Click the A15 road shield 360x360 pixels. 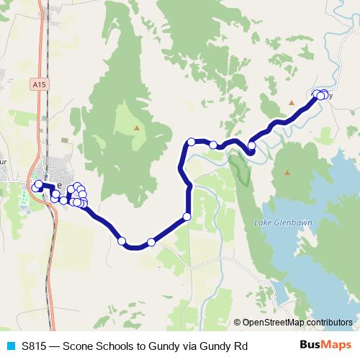[x=40, y=85]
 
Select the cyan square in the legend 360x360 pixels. [x=9, y=346]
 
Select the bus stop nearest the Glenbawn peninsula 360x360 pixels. [x=252, y=146]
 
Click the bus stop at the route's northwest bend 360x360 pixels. [x=191, y=142]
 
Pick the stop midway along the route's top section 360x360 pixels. [x=214, y=145]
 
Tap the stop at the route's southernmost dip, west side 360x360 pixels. [x=122, y=240]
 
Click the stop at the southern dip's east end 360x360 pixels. [x=150, y=242]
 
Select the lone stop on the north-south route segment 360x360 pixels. [x=187, y=216]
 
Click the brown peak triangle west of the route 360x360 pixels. [x=137, y=128]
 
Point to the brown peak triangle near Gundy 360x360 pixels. [x=292, y=102]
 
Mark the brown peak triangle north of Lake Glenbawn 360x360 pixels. [x=287, y=172]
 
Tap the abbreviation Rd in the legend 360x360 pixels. [x=240, y=346]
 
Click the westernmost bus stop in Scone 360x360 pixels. [x=36, y=187]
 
